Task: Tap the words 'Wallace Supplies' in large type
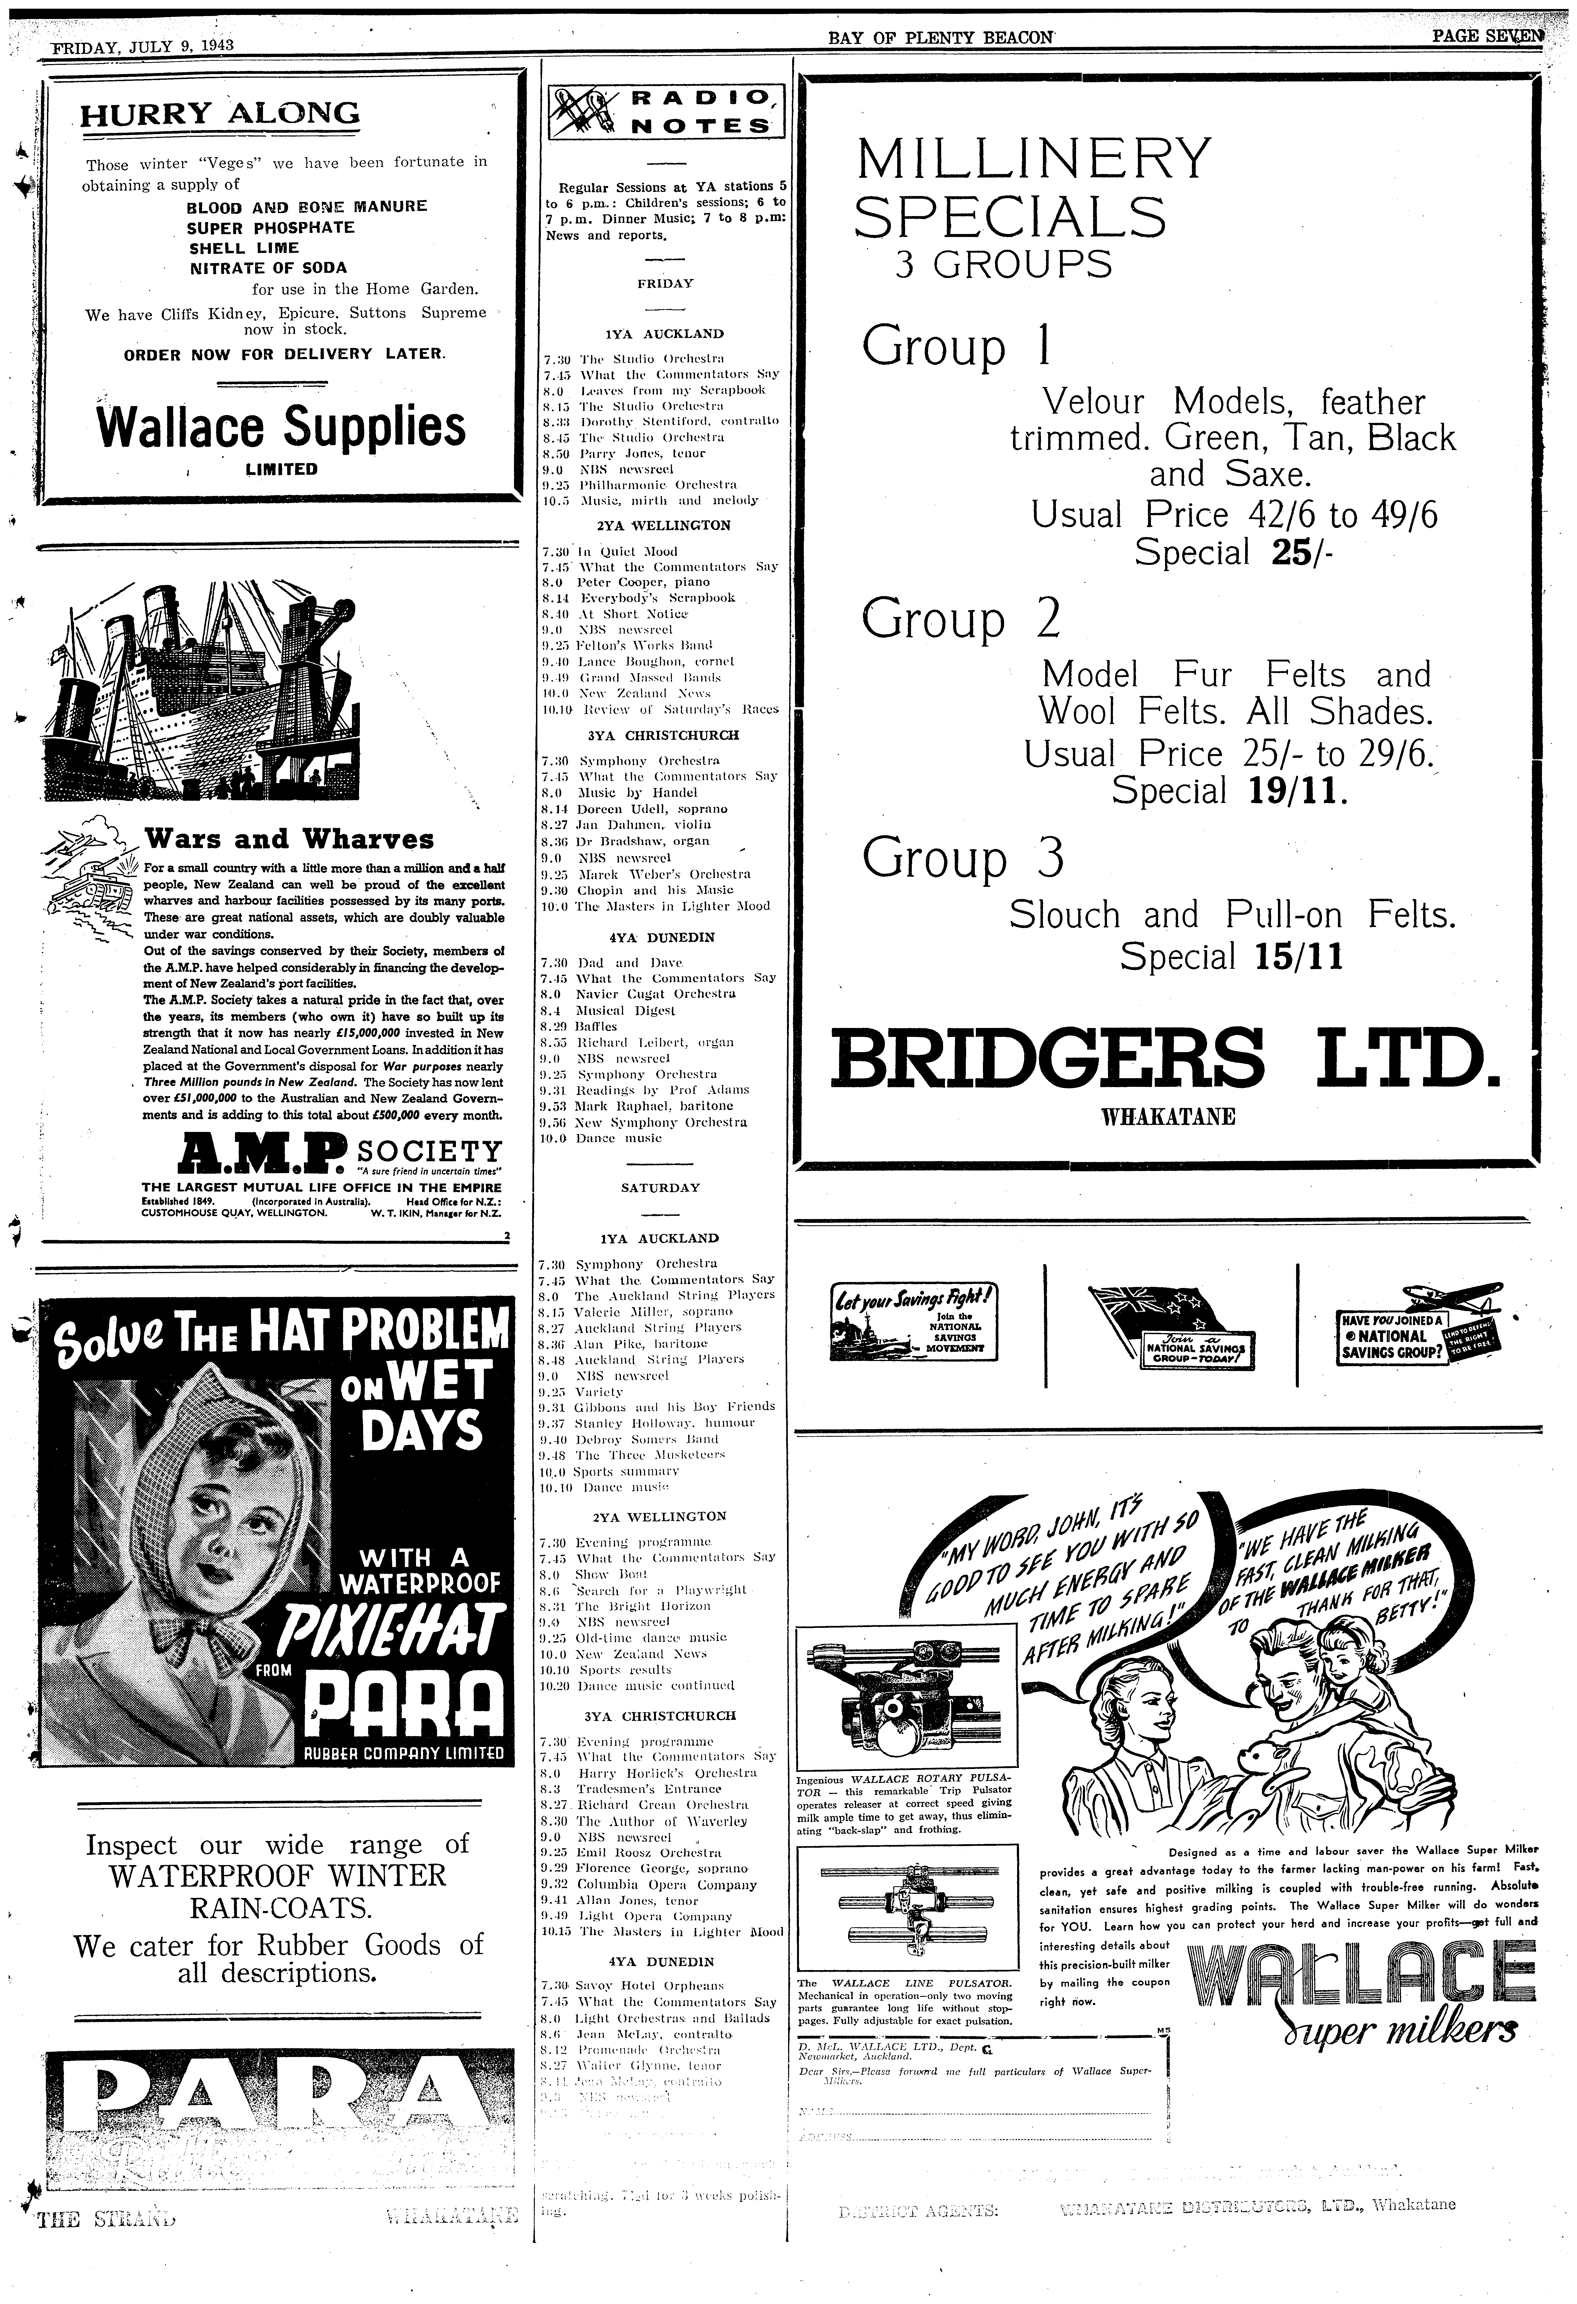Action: point(281,427)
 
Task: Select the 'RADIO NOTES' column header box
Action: point(665,111)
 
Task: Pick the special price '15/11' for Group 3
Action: point(1299,957)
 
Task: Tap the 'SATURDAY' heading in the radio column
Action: point(660,1188)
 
